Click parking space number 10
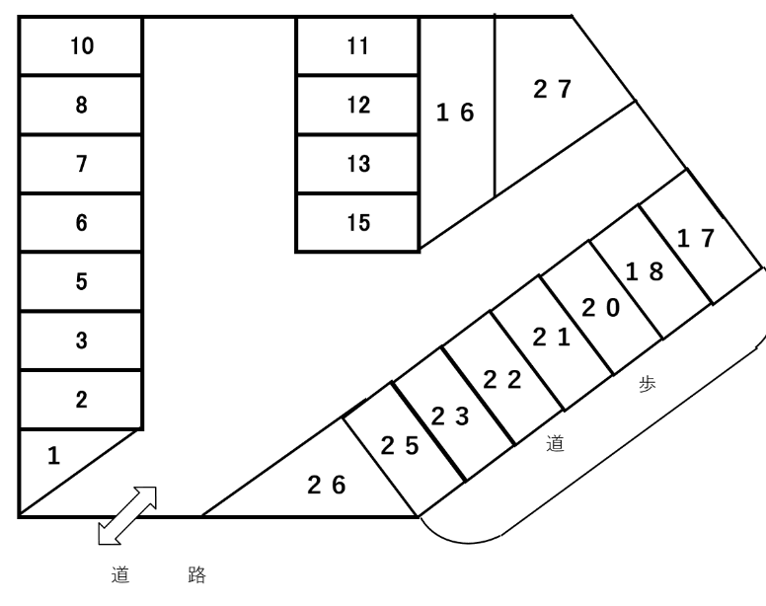tap(82, 46)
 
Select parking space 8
tap(82, 106)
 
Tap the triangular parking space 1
tap(54, 456)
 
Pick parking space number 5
tap(82, 282)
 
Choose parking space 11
tap(358, 46)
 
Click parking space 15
tap(358, 223)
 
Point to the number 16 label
tap(455, 113)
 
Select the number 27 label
tap(552, 89)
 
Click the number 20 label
tap(600, 308)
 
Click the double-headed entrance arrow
tap(127, 514)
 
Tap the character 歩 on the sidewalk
tap(647, 385)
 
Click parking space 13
tap(358, 164)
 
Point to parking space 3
tap(82, 341)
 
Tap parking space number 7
tap(82, 164)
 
